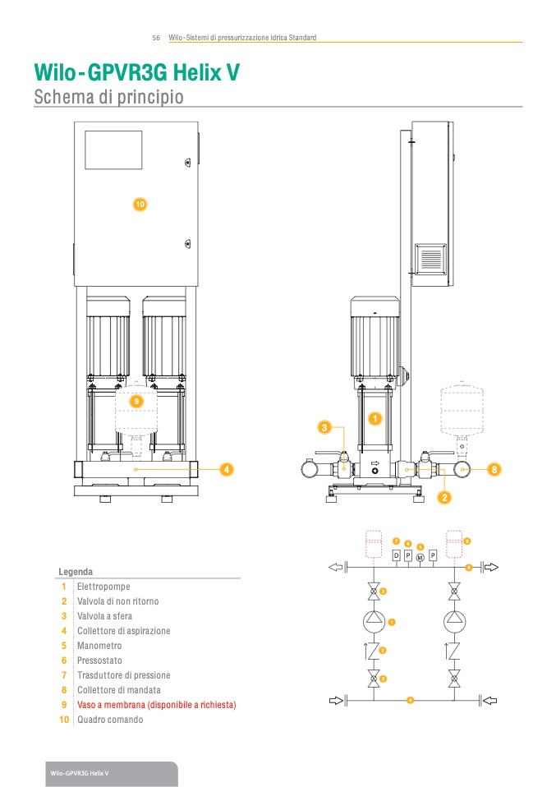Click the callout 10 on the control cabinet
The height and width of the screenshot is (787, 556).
click(x=140, y=203)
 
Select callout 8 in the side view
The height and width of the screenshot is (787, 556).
click(x=494, y=469)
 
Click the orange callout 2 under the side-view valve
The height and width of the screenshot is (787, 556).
click(x=444, y=497)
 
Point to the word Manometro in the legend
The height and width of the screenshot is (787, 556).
click(x=99, y=646)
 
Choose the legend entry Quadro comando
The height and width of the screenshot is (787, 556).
click(x=110, y=720)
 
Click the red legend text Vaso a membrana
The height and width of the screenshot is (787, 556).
click(x=156, y=705)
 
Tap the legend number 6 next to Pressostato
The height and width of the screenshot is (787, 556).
click(x=63, y=660)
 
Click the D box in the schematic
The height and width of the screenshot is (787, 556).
click(x=396, y=556)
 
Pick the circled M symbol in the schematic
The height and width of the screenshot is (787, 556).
click(x=420, y=558)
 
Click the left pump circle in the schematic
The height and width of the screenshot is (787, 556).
click(x=374, y=621)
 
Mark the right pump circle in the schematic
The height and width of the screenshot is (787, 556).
click(x=454, y=621)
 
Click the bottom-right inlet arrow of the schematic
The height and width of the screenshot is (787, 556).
click(x=490, y=701)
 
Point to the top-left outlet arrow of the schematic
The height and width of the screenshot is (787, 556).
click(x=335, y=567)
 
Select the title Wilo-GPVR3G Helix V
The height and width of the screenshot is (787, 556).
click(x=136, y=72)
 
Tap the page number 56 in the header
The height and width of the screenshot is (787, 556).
click(x=155, y=38)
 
